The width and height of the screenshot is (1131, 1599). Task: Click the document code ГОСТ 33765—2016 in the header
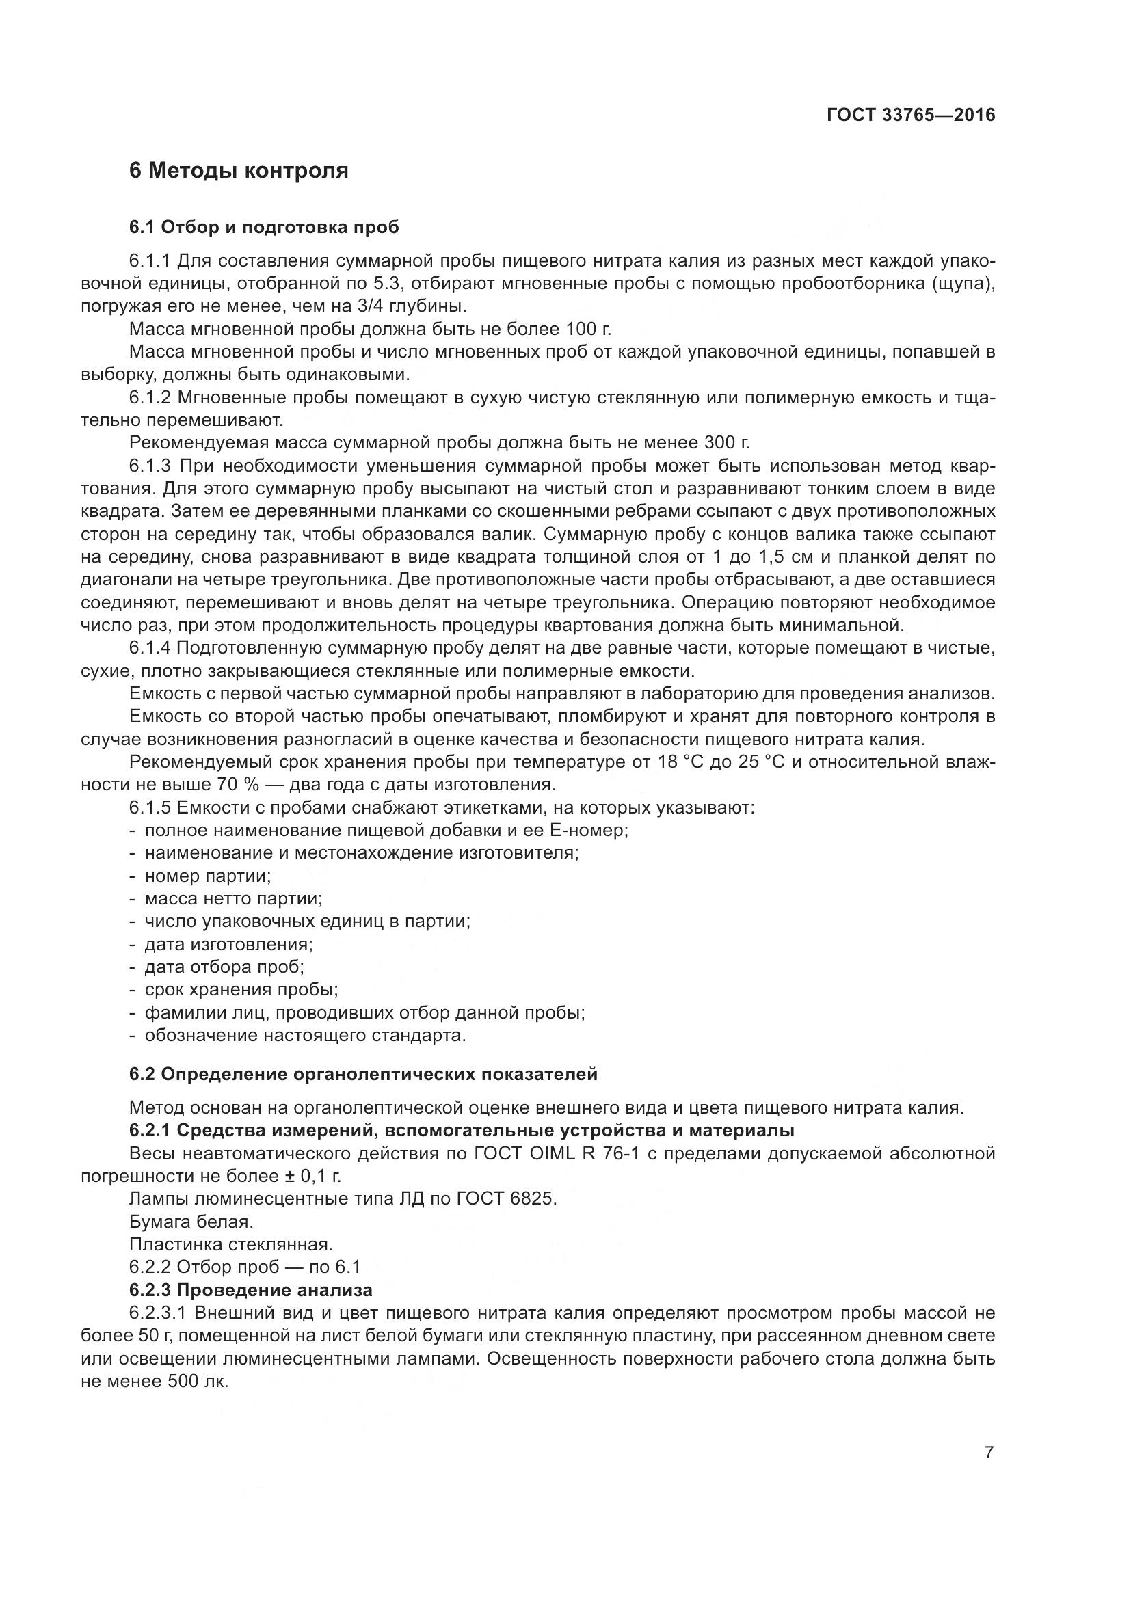coord(910,115)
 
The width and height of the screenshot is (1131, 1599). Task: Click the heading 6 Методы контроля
coord(238,170)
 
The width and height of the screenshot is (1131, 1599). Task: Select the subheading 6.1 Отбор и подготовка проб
coord(264,227)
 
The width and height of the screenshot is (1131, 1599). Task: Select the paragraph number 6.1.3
coord(150,466)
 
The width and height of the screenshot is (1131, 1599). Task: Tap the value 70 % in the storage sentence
coord(239,784)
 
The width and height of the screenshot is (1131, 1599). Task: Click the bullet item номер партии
coord(208,876)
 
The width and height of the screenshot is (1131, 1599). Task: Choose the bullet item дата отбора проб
coord(224,967)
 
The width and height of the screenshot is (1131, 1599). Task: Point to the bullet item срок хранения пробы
coord(241,989)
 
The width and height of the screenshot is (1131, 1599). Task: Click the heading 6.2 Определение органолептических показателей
coord(363,1074)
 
